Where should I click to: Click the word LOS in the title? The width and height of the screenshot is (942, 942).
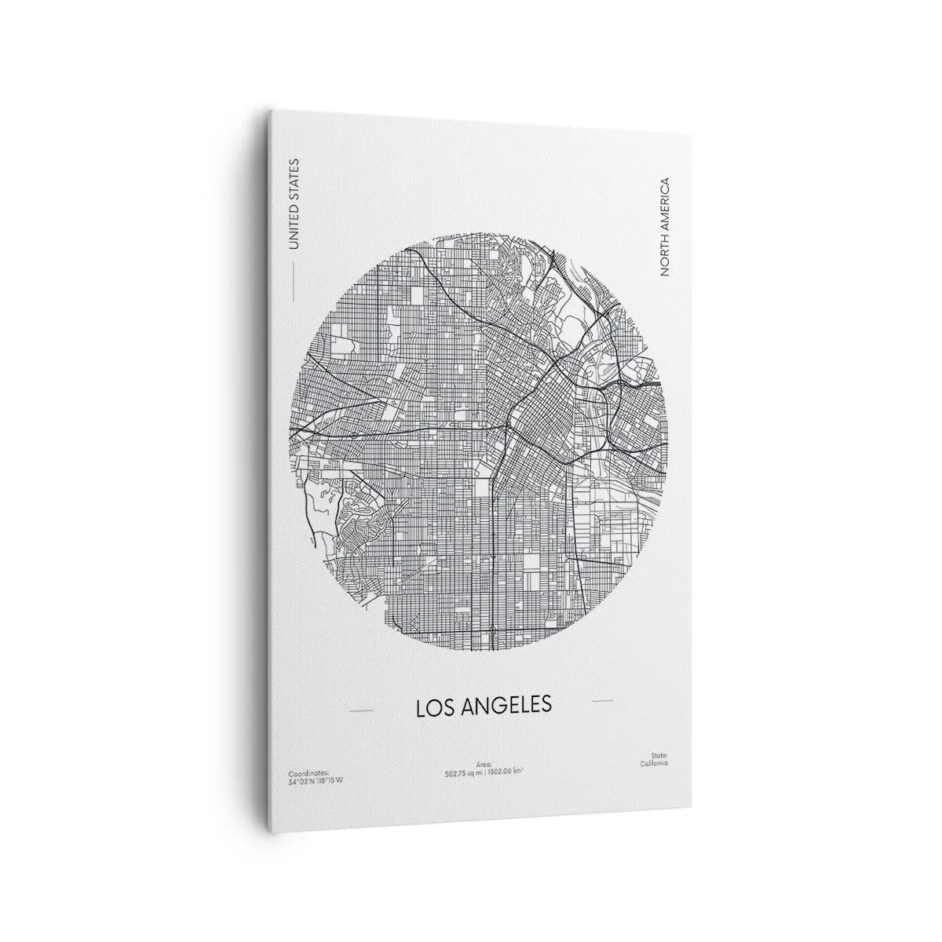[x=433, y=706]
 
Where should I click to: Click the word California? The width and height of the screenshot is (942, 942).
[x=652, y=762]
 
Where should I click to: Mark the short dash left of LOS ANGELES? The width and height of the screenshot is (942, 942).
[x=361, y=710]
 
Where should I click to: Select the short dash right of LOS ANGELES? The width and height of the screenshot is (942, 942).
[x=603, y=699]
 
